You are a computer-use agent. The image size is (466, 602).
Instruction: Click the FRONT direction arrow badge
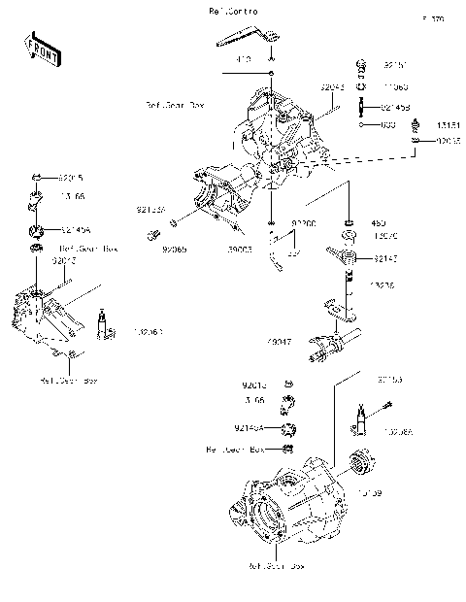[x=39, y=50]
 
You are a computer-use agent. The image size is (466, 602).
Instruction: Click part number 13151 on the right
[x=448, y=124]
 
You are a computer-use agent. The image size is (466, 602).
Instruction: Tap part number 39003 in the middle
[x=240, y=250]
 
